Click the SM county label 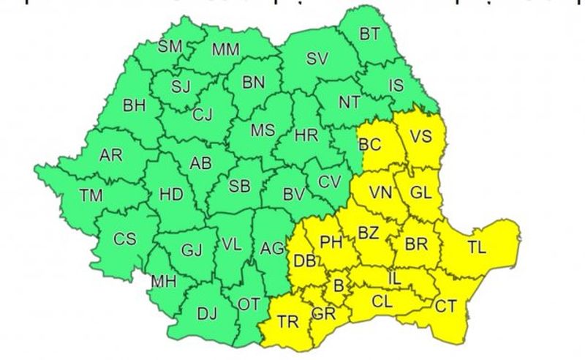coord(170,47)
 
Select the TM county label coord(92,195)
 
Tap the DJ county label coord(207,314)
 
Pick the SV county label coord(317,60)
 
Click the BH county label coord(135,105)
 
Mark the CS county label coord(124,239)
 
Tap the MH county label coord(164,281)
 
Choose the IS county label coord(395,86)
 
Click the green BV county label coord(294,195)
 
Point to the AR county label coord(110,155)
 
